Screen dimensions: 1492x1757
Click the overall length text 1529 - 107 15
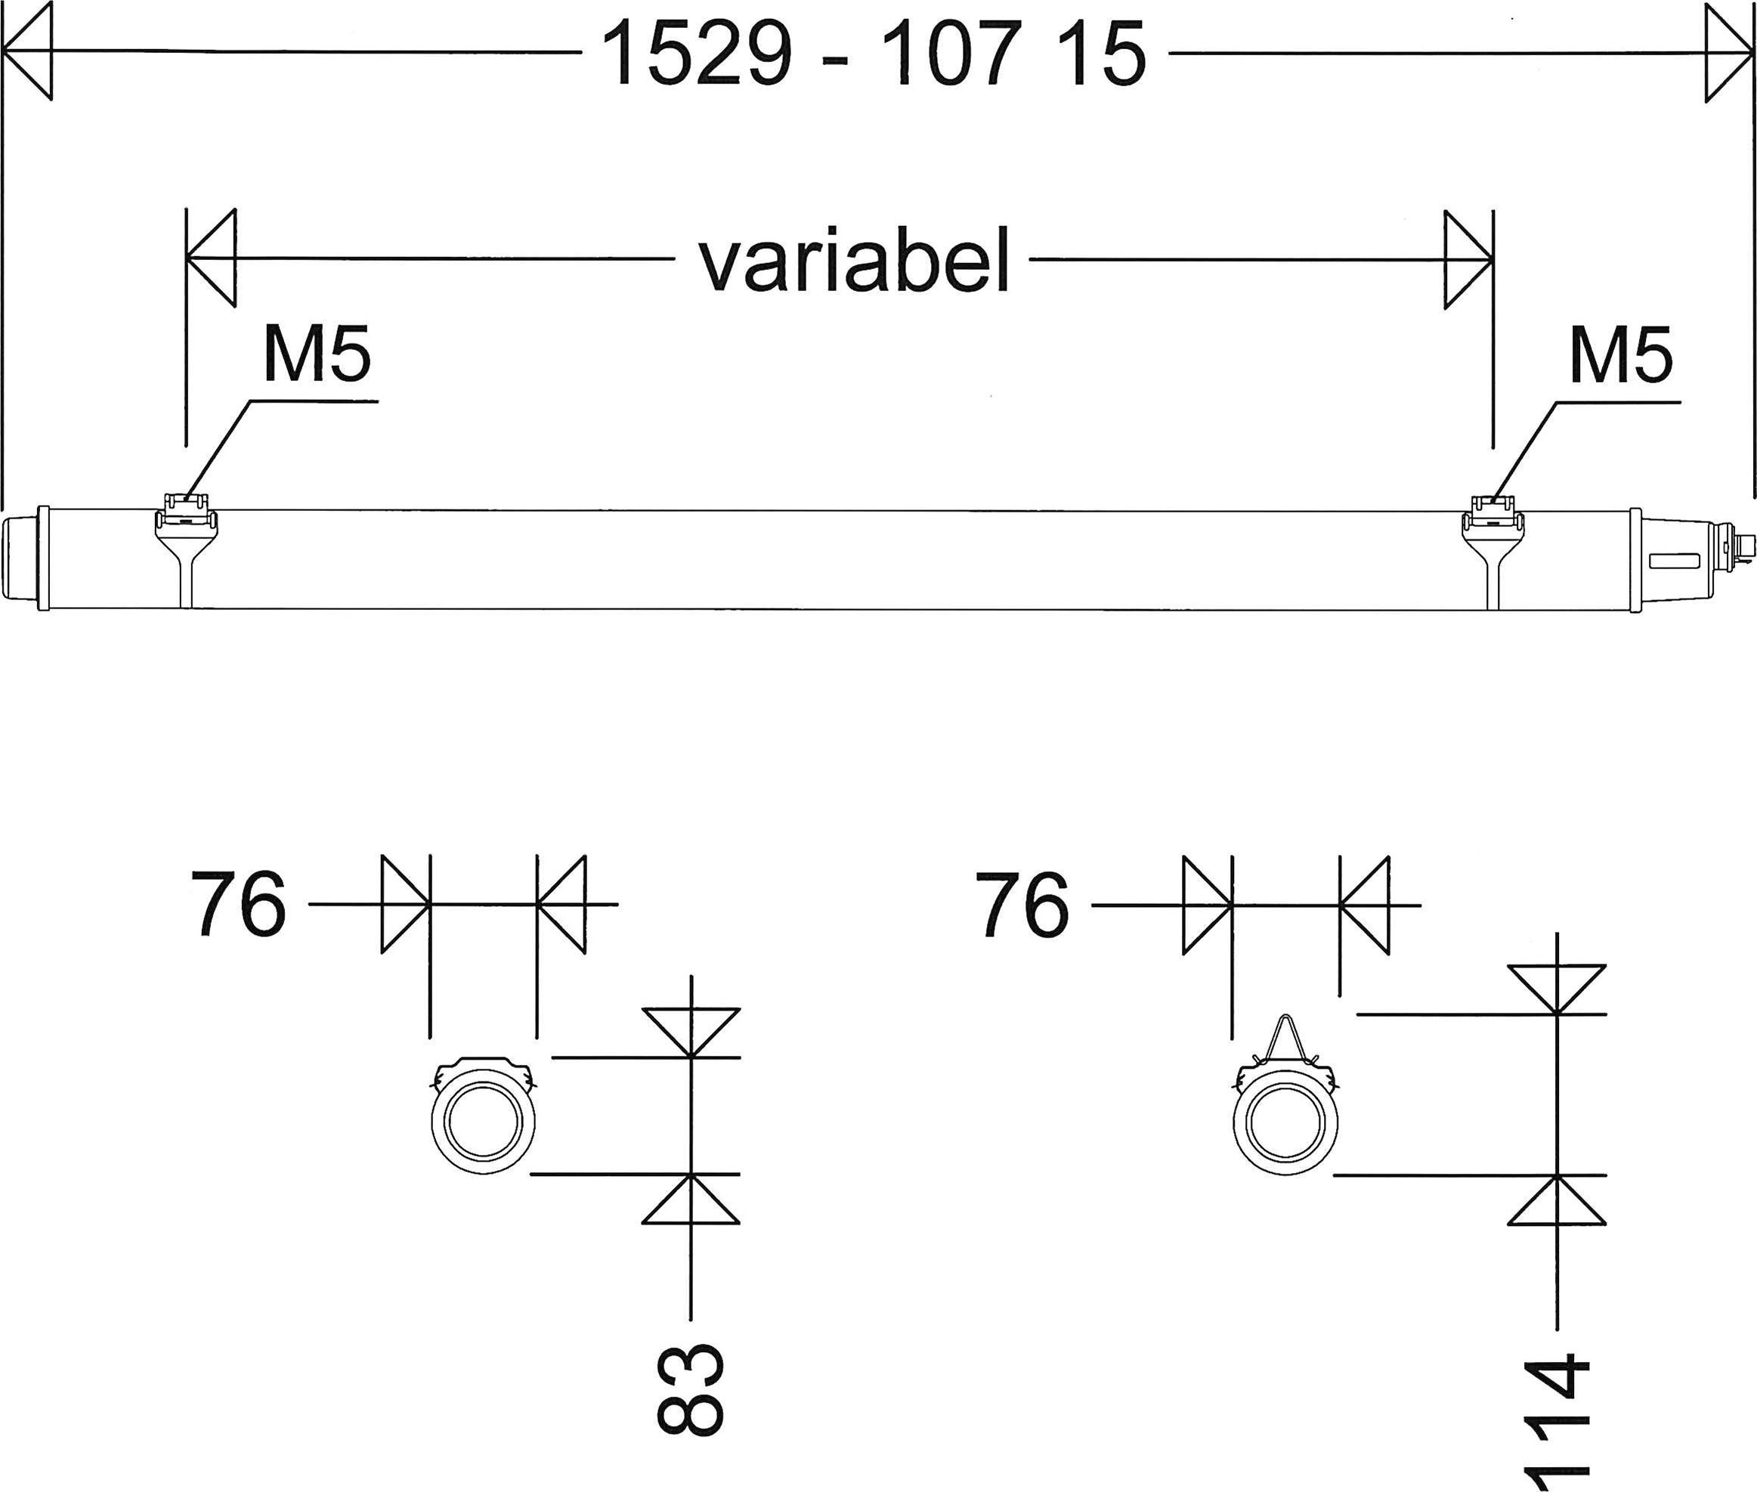tap(874, 54)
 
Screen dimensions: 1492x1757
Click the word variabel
tap(854, 260)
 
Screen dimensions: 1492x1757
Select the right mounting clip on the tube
tap(1493, 519)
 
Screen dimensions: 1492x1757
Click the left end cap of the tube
tap(23, 559)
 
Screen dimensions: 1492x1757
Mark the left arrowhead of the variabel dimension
tap(212, 257)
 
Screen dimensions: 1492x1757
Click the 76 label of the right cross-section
tap(1022, 904)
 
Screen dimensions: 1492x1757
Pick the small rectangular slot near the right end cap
tap(1673, 559)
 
